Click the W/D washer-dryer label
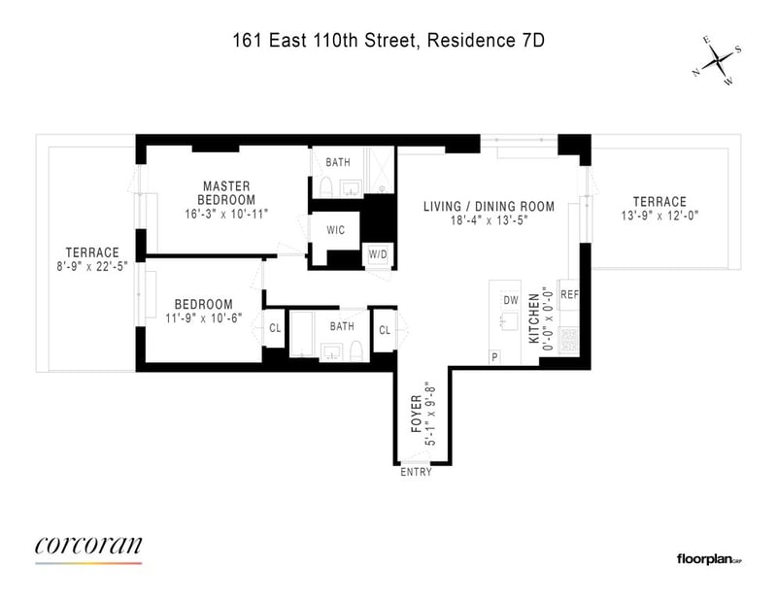378,254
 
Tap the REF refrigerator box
569,295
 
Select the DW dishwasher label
511,300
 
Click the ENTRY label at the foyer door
416,472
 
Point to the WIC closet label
335,230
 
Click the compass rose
717,61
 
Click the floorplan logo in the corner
709,559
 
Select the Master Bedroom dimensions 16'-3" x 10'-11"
226,214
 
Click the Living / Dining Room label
489,206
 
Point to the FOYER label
417,414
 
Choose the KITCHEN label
533,318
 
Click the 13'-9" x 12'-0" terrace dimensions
659,216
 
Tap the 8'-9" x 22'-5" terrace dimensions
92,267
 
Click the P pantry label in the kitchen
494,356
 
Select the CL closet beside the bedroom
275,328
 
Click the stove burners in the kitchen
569,341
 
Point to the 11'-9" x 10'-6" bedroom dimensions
204,317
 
